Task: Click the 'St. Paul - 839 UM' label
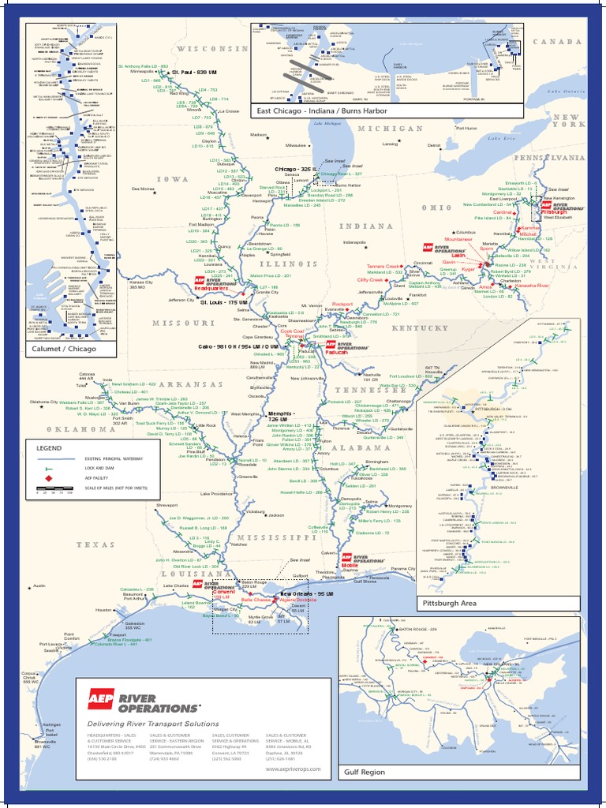pos(194,72)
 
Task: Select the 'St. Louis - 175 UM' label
pos(223,302)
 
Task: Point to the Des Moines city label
pos(143,189)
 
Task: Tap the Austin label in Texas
pos(40,586)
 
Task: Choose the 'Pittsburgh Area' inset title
pos(449,602)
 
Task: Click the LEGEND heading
pos(48,447)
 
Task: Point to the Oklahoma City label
pos(44,402)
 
